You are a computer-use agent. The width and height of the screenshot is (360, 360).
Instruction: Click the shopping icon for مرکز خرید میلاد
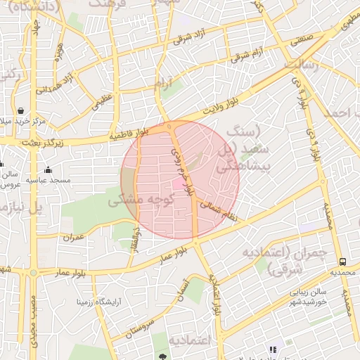pos(20,111)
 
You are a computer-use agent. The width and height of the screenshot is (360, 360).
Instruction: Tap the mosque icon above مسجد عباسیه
pos(48,169)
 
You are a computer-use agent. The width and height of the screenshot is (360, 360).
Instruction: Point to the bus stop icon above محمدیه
pos(342,261)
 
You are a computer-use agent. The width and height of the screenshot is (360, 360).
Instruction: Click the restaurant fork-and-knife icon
pos(273,349)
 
